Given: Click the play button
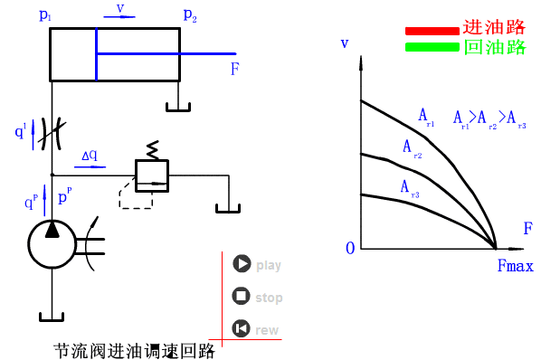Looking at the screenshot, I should [x=241, y=264].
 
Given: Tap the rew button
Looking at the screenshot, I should [x=241, y=329].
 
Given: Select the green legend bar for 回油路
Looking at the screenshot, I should [x=432, y=47].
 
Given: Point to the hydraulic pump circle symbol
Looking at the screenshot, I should [x=52, y=240].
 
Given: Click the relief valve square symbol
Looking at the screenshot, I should [x=152, y=175].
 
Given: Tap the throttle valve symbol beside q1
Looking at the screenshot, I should [x=52, y=133].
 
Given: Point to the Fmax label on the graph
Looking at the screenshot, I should [x=515, y=267].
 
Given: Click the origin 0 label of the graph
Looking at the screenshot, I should [x=350, y=248].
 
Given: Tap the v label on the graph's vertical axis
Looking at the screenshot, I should [x=344, y=43].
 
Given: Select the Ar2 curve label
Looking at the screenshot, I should [x=412, y=148].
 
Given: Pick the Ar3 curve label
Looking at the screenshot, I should [x=409, y=187].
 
